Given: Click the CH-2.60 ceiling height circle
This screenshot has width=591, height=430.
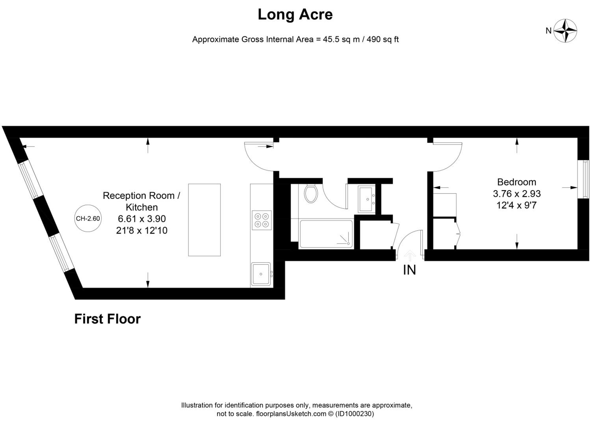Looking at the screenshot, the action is pos(88,218).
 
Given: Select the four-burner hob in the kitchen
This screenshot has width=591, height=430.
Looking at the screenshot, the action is pos(262,220).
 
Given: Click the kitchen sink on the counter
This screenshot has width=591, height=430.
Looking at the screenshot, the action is pos(261,274).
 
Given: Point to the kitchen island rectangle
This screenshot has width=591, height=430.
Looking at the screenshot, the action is pos(204,220).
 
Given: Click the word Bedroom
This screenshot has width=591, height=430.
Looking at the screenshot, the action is pos(517,182).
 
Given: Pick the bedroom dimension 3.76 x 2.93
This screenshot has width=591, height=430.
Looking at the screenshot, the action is pos(517,194).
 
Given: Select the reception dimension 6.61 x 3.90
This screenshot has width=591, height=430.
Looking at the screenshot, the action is pos(142,219).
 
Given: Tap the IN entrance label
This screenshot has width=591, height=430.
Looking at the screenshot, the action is pos(409,270).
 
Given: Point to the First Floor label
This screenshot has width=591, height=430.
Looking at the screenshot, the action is pos(107,319).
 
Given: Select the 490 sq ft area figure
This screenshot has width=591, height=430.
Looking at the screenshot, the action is pos(383,39).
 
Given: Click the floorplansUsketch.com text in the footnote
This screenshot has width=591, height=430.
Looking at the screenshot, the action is pos(291,414).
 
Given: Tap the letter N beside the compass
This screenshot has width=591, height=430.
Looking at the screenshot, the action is pos(548,31).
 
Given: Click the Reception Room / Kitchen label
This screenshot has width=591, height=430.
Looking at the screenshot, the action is pos(141,201).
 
